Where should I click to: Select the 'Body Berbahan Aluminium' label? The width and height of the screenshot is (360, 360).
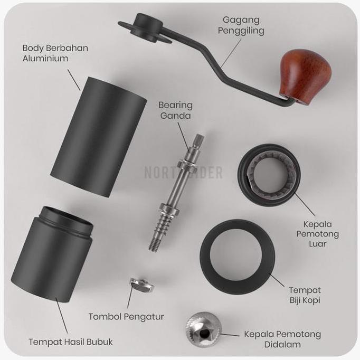coord(55,53)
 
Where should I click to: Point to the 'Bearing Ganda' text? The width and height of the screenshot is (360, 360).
coord(175,110)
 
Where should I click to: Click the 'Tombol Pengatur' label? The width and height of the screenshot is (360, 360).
coord(126,317)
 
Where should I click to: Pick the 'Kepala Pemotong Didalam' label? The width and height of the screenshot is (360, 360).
coord(282,339)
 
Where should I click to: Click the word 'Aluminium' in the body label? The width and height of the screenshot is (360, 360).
coord(45,58)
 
